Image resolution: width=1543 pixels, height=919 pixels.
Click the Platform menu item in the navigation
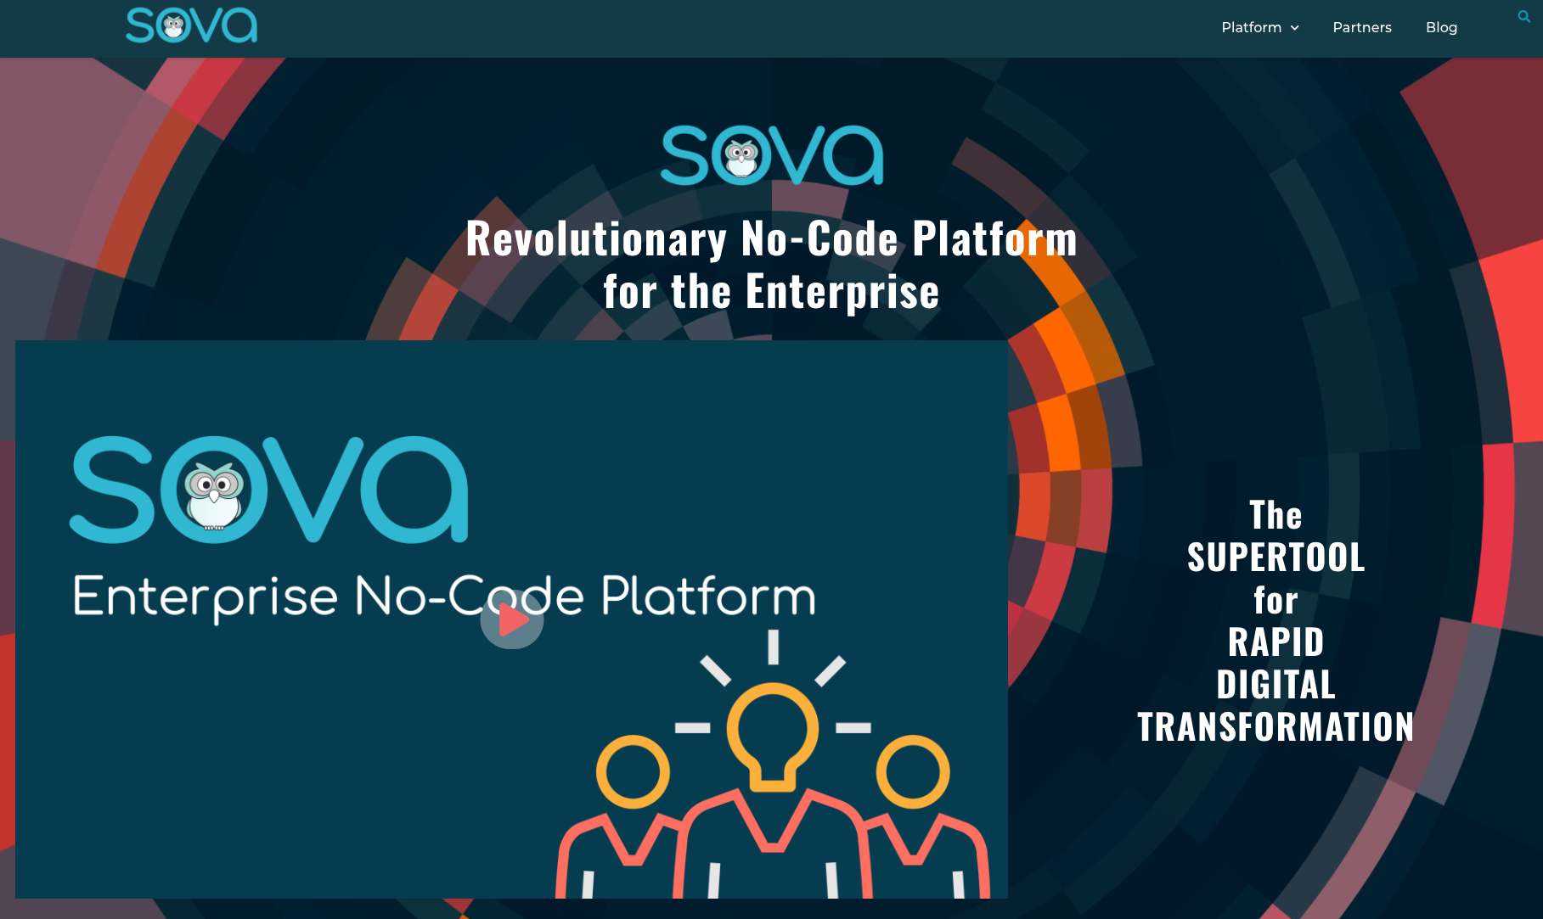(1251, 27)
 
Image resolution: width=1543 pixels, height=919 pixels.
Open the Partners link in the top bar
(1362, 27)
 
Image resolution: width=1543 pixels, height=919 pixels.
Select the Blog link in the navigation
(1441, 27)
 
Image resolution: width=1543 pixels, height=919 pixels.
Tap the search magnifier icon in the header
(1523, 16)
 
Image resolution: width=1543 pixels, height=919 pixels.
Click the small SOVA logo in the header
(192, 25)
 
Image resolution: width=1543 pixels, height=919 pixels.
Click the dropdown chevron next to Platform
(1295, 28)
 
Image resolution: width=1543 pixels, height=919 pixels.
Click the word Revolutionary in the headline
(596, 238)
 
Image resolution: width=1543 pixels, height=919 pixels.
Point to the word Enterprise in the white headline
(842, 291)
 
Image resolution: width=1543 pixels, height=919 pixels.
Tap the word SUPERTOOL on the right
(1276, 558)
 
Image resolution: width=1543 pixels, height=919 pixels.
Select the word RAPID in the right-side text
(1276, 642)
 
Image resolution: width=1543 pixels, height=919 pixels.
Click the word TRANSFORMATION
(1276, 727)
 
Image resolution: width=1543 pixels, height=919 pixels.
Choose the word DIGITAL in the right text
(1276, 685)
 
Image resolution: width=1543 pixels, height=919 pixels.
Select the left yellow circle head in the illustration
(633, 771)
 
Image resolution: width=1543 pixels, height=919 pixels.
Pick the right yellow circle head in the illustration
(913, 771)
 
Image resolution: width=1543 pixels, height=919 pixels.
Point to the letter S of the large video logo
(113, 490)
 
